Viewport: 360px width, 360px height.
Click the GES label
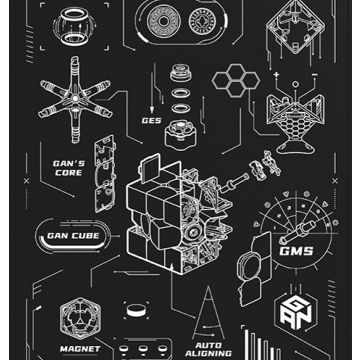coord(151,120)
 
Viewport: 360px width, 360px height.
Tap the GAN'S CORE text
coord(69,166)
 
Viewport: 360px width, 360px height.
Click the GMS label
coord(296,250)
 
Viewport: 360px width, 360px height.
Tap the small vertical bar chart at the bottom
coord(261,345)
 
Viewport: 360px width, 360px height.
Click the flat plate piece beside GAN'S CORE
coord(103,166)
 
